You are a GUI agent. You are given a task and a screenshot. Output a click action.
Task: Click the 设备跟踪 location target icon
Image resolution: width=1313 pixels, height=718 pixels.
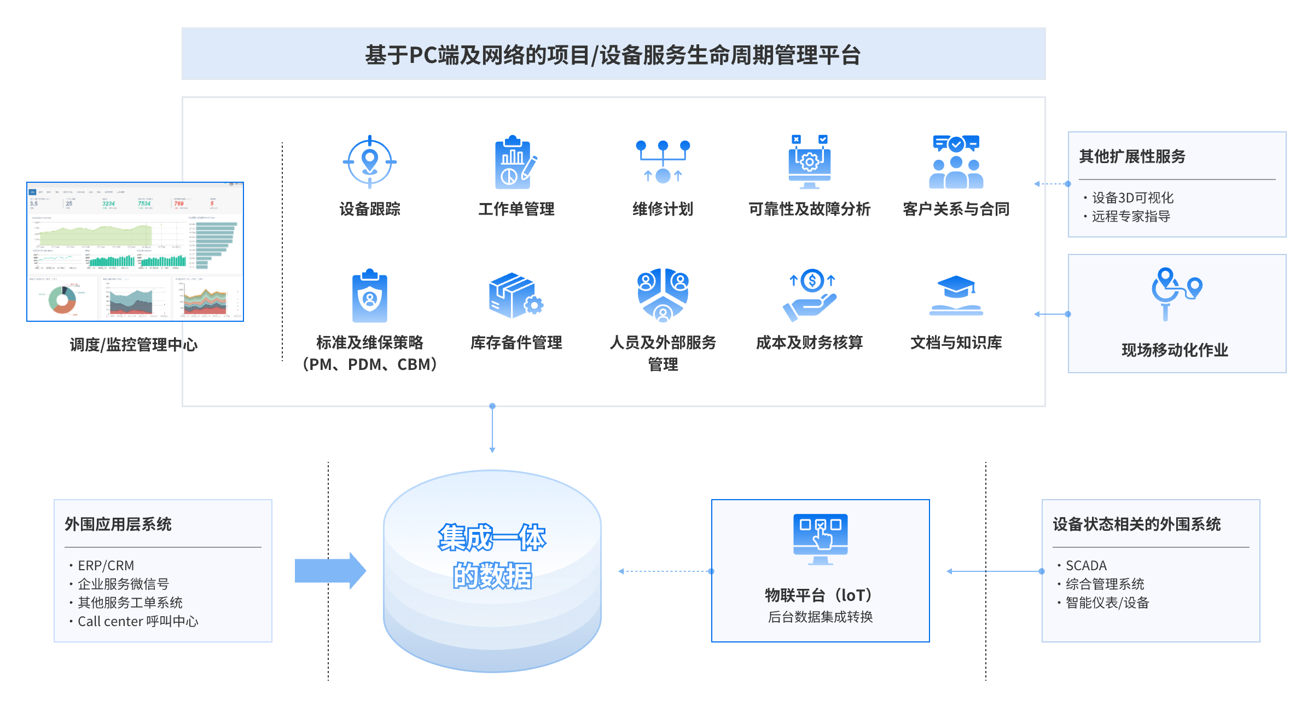(370, 162)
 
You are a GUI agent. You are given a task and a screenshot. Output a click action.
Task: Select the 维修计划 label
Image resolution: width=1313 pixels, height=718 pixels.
(663, 209)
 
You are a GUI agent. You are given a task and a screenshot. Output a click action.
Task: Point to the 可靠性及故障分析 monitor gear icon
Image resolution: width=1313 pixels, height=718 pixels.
(809, 162)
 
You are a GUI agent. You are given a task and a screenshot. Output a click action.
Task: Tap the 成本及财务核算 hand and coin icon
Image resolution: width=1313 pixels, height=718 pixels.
(810, 296)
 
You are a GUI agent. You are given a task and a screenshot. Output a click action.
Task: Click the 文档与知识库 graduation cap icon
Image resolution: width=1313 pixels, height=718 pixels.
(956, 296)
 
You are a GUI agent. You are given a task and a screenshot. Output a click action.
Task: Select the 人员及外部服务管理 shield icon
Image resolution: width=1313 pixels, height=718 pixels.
(663, 296)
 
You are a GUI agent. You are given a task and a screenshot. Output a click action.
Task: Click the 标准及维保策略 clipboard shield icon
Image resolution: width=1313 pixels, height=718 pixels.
(370, 296)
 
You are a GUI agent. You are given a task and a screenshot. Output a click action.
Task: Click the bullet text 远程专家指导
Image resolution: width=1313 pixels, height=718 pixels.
(1131, 217)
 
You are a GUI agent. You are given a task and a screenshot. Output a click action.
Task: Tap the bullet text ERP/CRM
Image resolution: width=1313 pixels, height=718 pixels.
(106, 565)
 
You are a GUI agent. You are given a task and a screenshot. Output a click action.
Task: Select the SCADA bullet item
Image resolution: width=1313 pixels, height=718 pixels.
(1086, 565)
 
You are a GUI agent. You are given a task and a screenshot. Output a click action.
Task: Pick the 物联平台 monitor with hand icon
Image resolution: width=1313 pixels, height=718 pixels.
(820, 539)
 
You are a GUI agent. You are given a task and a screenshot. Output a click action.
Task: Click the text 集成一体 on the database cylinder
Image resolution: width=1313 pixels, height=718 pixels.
(492, 537)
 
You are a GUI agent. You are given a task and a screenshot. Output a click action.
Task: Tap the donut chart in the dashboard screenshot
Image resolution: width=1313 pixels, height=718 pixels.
(62, 299)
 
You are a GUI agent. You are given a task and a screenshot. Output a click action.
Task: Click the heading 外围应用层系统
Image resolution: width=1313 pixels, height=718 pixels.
(118, 524)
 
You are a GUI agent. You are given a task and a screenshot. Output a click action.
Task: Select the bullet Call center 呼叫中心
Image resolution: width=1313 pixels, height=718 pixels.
(138, 622)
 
